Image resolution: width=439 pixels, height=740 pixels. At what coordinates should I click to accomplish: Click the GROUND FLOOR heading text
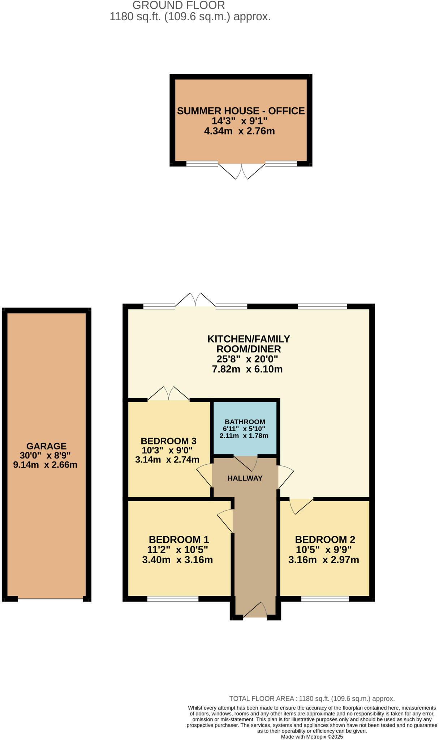click(178, 5)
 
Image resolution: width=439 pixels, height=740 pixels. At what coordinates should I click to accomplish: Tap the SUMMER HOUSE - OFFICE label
click(241, 111)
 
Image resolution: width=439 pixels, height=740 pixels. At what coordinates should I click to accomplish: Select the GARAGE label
click(46, 446)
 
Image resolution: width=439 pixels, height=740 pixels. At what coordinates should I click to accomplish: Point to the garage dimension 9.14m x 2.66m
click(45, 465)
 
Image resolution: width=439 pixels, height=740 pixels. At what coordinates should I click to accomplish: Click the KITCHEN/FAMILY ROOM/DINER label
click(249, 344)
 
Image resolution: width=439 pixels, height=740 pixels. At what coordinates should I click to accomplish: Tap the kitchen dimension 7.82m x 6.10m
click(247, 369)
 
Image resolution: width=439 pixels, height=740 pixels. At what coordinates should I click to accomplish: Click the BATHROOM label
click(245, 422)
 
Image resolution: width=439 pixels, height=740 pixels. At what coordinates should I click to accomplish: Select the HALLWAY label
click(245, 478)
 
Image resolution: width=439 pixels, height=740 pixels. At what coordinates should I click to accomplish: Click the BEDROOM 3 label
click(168, 441)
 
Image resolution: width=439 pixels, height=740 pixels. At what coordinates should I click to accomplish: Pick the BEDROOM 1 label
click(179, 539)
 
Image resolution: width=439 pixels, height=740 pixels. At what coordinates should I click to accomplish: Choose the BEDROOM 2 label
click(325, 539)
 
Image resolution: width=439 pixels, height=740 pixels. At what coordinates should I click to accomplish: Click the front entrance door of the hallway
click(255, 611)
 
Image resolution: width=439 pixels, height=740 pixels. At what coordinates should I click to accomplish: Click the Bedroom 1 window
click(173, 599)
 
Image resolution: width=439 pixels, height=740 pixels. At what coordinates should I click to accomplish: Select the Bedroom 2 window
click(325, 599)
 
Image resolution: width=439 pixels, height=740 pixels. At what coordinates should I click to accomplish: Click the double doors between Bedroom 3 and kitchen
click(169, 394)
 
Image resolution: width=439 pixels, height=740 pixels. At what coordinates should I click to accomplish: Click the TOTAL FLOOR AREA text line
click(311, 698)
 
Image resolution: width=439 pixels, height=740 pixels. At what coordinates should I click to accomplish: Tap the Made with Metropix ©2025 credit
click(311, 737)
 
